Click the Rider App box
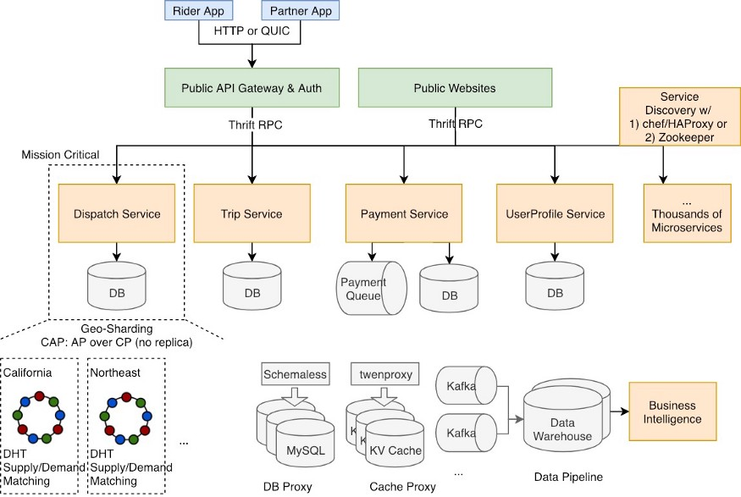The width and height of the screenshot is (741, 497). (x=198, y=10)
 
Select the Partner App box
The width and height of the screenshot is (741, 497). (x=301, y=10)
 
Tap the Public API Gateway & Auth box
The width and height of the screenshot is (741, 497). (x=252, y=88)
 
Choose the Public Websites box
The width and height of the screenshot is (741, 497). (x=455, y=88)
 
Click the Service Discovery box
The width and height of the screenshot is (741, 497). (x=679, y=117)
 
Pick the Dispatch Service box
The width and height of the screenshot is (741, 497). (x=117, y=213)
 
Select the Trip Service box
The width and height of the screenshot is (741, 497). (x=252, y=213)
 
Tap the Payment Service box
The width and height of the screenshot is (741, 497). (x=404, y=213)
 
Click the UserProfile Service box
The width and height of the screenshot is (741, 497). (x=555, y=213)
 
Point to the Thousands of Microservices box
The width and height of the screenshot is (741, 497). (x=687, y=213)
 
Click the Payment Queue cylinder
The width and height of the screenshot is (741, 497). (x=372, y=288)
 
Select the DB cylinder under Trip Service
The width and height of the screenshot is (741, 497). (x=252, y=286)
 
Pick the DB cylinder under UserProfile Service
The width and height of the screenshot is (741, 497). (x=555, y=286)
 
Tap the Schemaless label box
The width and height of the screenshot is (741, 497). (x=296, y=374)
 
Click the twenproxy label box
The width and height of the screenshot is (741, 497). (x=385, y=374)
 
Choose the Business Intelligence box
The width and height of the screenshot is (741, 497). (x=672, y=411)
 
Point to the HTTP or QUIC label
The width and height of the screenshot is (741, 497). (x=252, y=30)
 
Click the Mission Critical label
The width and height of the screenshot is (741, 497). (x=60, y=154)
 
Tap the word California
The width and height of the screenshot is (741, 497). (x=28, y=373)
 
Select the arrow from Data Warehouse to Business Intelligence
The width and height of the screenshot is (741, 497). (x=620, y=411)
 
